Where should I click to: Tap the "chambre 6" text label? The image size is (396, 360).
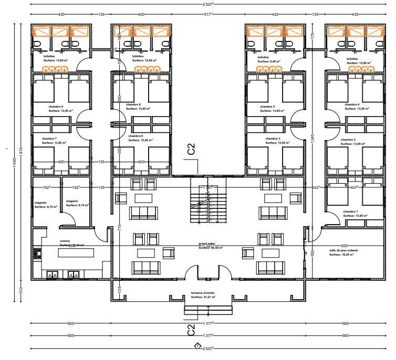tap(135, 136)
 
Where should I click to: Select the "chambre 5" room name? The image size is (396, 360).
tap(267, 107)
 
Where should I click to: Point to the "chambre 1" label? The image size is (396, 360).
tap(350, 211)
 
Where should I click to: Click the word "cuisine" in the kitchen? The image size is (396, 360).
tap(65, 241)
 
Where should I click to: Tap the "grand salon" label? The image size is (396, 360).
tap(206, 244)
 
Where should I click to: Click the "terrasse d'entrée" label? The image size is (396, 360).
tap(203, 293)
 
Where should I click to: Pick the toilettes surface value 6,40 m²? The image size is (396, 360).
tap(269, 61)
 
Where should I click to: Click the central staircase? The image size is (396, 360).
tap(207, 202)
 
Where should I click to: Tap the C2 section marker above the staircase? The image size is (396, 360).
tap(191, 150)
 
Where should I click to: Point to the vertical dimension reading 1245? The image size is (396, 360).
tap(312, 138)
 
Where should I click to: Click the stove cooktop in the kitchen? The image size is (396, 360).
tap(37, 253)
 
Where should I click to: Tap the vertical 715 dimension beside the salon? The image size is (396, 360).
tap(120, 227)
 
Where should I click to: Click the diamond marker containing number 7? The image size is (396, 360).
tap(197, 346)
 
